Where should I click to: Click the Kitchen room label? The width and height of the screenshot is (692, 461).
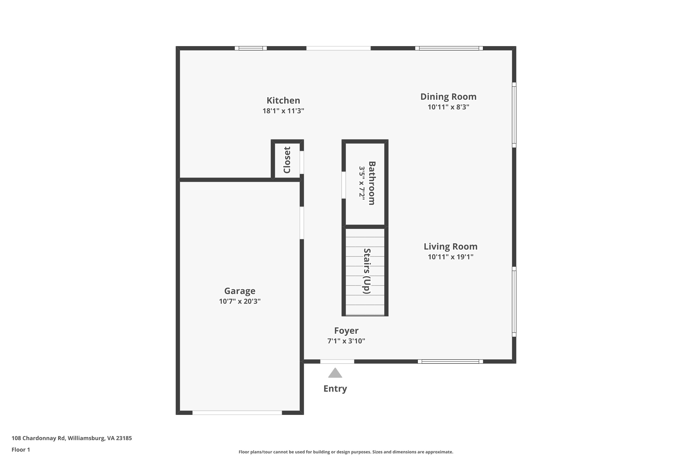click(283, 100)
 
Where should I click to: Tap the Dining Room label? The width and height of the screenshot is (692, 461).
click(448, 97)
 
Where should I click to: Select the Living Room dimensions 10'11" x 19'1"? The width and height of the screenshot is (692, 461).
click(450, 257)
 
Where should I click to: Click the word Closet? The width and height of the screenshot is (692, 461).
click(287, 160)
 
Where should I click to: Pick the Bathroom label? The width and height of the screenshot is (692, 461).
click(372, 183)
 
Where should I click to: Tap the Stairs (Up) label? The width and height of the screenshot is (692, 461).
click(367, 271)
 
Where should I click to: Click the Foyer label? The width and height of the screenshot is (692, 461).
click(346, 331)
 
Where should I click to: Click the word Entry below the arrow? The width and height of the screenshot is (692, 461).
click(335, 389)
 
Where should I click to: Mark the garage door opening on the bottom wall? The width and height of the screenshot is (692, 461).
click(237, 413)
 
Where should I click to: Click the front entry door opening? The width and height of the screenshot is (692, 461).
click(337, 361)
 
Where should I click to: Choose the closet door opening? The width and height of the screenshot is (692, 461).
click(301, 162)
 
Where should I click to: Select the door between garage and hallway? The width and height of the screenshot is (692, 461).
click(301, 223)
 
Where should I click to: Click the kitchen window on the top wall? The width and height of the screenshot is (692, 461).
click(251, 48)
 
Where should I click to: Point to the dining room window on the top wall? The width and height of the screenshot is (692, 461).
click(449, 48)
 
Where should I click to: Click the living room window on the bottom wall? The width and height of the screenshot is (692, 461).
click(450, 361)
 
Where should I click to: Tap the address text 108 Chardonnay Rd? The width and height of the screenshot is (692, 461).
click(38, 438)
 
